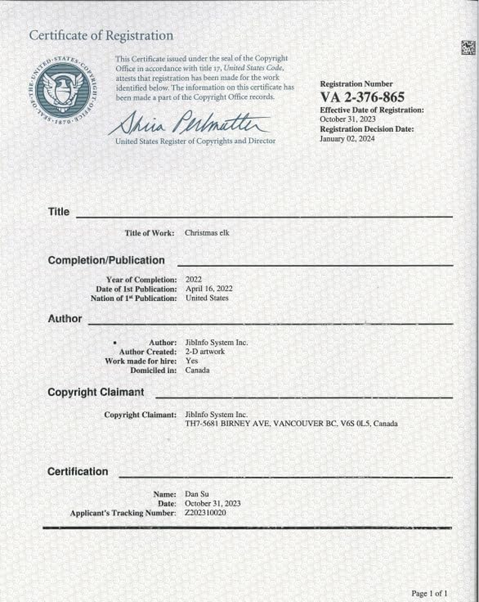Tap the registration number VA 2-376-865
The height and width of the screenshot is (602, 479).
[x=362, y=97]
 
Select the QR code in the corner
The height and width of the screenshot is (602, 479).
[x=468, y=48]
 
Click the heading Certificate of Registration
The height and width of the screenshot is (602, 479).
[x=101, y=36]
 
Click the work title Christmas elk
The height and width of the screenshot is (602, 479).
[x=207, y=233]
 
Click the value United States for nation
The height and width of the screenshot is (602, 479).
[x=207, y=298]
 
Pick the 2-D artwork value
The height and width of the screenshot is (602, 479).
[x=205, y=352]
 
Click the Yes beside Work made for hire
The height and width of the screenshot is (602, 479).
[x=192, y=361]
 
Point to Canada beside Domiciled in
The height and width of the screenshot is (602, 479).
[x=198, y=370]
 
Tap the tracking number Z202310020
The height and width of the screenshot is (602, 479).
[x=205, y=513]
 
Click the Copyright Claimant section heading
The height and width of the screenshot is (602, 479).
[x=96, y=392]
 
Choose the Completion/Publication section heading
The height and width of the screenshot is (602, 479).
[x=106, y=261]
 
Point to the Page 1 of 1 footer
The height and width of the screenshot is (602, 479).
[x=429, y=593]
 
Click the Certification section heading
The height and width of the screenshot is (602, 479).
[x=78, y=472]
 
